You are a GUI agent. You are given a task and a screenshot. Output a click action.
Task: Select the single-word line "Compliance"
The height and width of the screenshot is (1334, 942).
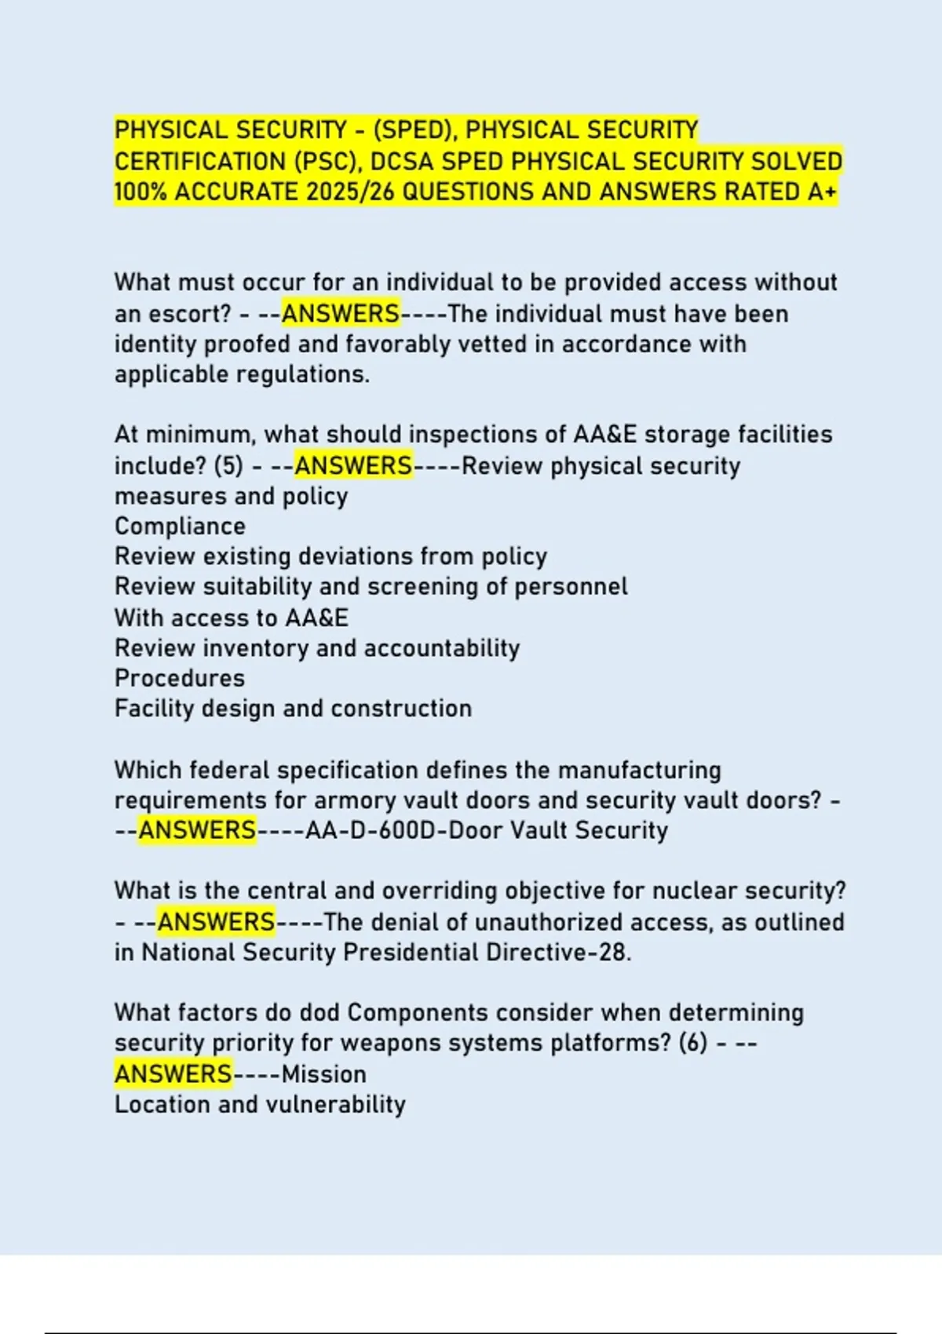pos(180,527)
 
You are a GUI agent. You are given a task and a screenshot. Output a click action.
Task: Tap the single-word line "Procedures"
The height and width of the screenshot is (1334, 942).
pos(180,679)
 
